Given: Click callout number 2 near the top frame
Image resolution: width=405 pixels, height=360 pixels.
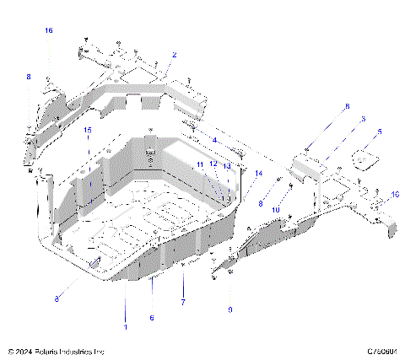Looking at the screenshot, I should point(174,55).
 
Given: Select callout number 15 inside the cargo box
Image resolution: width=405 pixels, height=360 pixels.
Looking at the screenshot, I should point(87,130).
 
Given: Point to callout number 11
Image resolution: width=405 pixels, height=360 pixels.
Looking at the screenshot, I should point(200,164).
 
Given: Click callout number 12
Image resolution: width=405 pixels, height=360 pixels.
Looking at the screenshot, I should point(213,164).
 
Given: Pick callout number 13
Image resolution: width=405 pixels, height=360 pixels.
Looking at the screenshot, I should point(226,165).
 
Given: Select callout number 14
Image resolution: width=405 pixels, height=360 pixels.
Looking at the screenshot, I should point(258,174).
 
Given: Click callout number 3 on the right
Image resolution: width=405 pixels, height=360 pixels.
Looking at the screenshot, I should point(363,120).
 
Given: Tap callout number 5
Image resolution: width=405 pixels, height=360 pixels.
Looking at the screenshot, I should point(380,132).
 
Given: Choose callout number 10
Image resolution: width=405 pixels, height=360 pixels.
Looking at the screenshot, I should point(275,210).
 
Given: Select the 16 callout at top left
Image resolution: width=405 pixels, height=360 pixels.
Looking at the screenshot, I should point(48,30).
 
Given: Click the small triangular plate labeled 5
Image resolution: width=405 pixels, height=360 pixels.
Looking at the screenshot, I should point(364,158).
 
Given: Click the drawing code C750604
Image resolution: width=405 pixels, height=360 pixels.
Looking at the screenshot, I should point(381,352).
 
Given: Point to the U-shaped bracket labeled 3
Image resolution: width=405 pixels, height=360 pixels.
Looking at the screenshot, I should point(310,164).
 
